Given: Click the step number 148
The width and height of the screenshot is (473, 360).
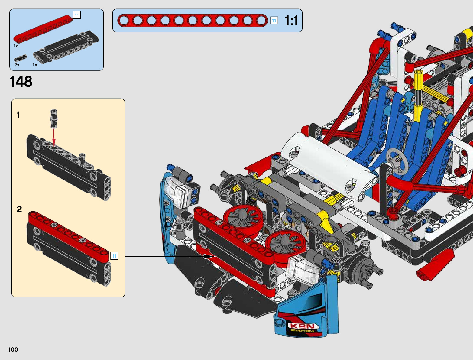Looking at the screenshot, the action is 21,81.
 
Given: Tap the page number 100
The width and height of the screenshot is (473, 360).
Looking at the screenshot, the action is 13,349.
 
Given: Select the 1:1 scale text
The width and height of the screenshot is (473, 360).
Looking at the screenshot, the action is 291,21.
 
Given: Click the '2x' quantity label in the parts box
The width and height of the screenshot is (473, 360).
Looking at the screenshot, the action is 17,65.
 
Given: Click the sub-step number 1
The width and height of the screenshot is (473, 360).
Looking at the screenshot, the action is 18,115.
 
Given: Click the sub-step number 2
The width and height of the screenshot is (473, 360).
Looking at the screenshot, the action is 19,209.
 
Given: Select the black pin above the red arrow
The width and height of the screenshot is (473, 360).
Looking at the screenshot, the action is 54,118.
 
